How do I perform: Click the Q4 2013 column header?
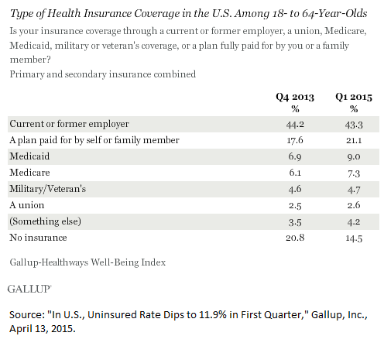click(x=295, y=98)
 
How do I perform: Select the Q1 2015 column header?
click(x=354, y=98)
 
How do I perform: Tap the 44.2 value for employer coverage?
click(x=295, y=125)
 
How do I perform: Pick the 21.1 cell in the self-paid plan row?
click(x=354, y=141)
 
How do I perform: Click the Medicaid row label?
click(x=29, y=156)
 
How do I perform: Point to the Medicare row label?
click(x=29, y=173)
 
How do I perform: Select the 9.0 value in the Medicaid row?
click(x=354, y=157)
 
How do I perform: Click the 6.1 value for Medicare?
click(x=295, y=173)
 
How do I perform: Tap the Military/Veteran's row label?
click(x=48, y=189)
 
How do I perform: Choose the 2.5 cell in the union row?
click(x=295, y=206)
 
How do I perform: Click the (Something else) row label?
click(x=45, y=221)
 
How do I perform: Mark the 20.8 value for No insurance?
click(x=295, y=238)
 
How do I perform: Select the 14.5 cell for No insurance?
click(x=354, y=238)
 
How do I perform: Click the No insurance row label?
click(x=38, y=238)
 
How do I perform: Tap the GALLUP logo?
click(x=29, y=289)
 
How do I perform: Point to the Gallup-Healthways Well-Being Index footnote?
click(x=87, y=262)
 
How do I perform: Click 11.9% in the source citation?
click(x=212, y=315)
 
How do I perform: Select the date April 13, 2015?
click(x=43, y=329)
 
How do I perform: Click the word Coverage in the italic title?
click(x=157, y=14)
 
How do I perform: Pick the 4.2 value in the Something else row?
click(x=354, y=222)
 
